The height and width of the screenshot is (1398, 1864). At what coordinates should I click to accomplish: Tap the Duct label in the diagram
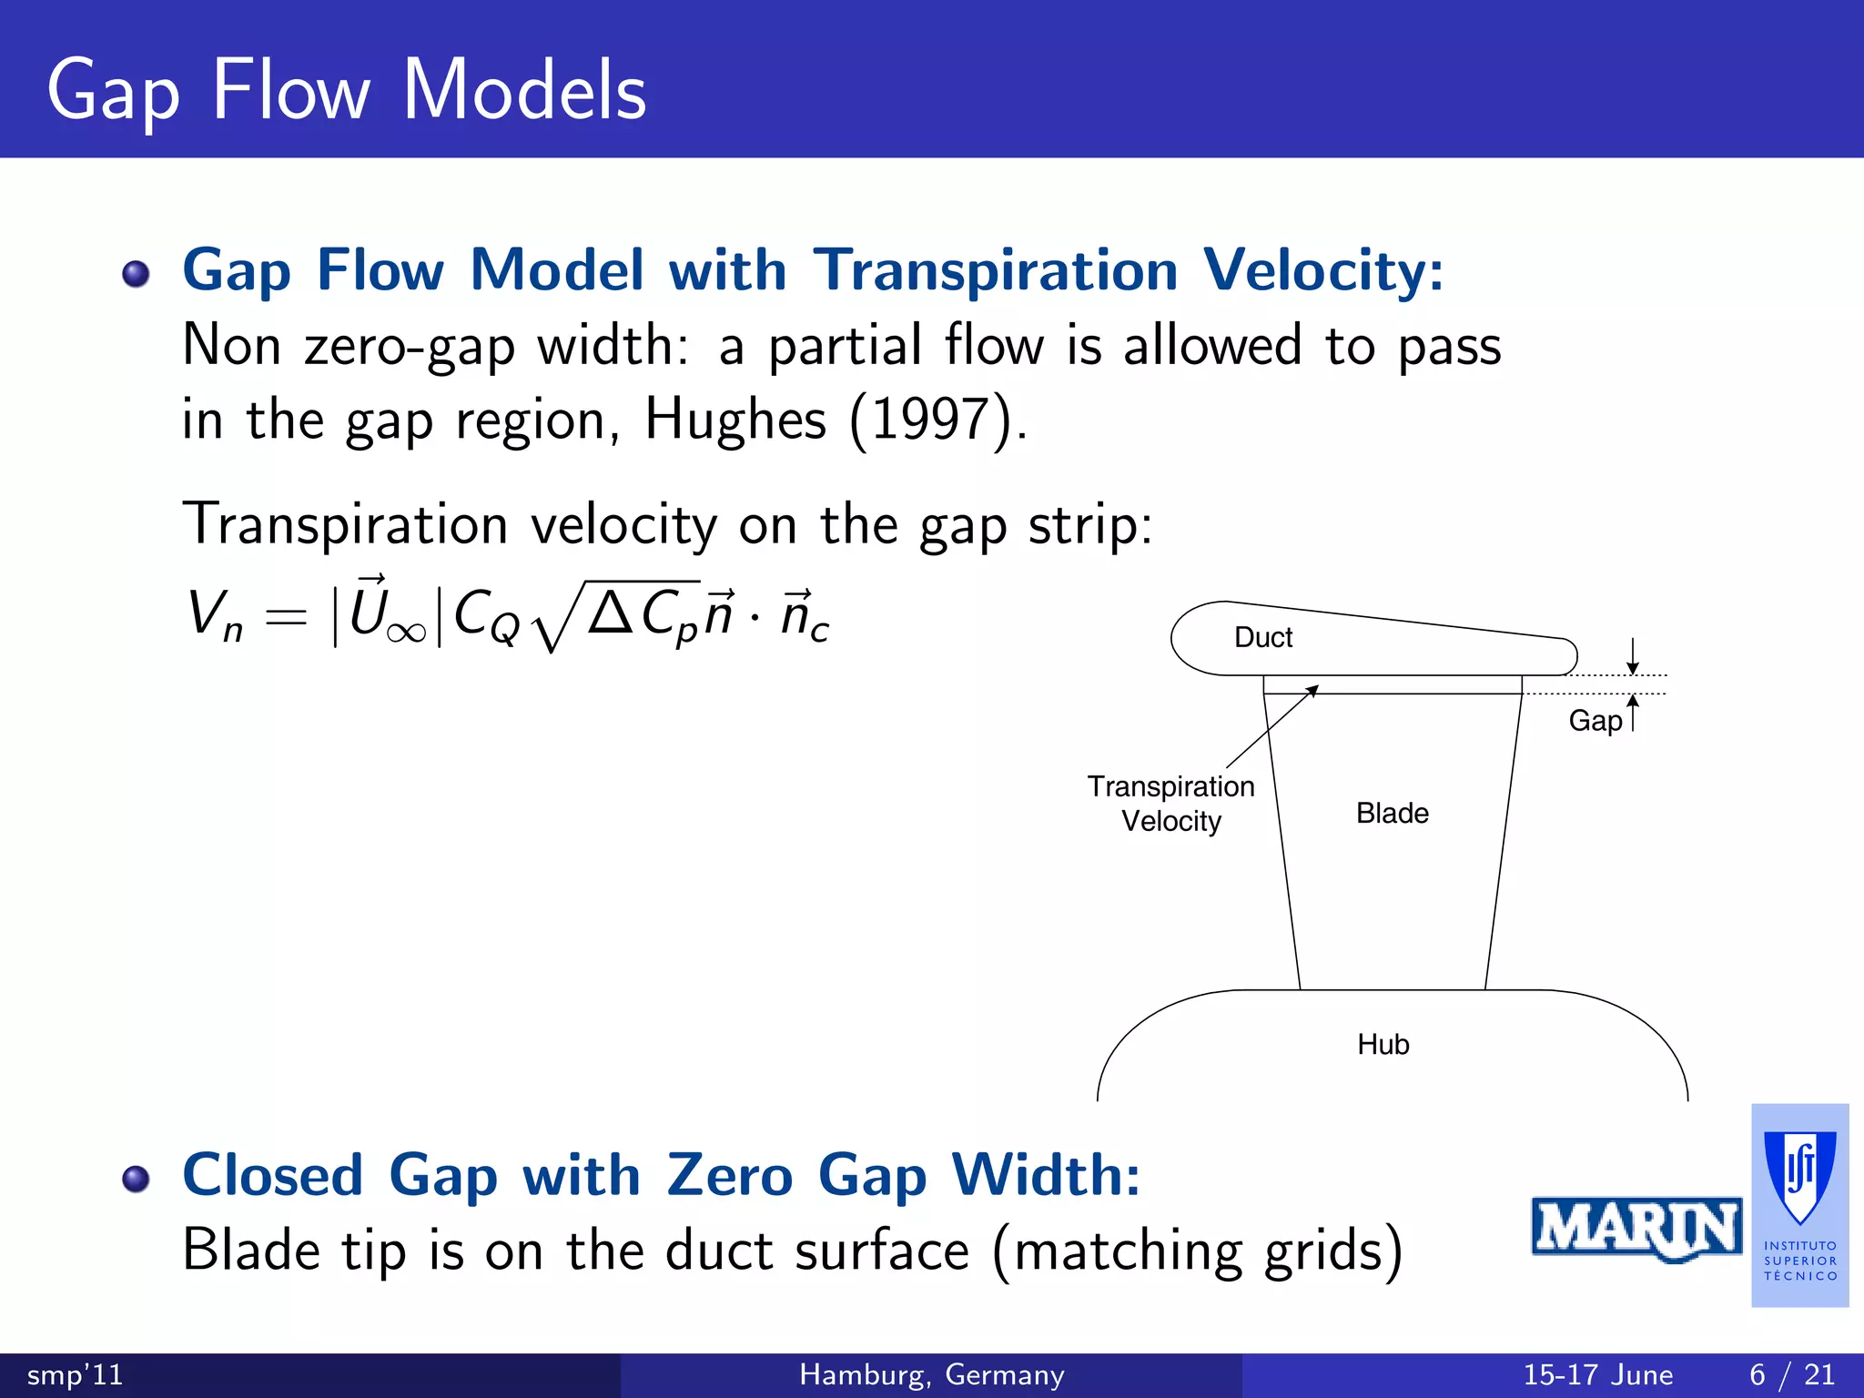[x=1262, y=637]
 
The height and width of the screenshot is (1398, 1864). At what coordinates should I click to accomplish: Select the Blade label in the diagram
[x=1392, y=813]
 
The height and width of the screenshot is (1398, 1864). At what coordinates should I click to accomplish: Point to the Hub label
[x=1383, y=1044]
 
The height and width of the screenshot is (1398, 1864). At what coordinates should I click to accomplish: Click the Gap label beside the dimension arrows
[x=1595, y=721]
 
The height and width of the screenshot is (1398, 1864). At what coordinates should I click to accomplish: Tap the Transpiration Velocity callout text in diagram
[x=1170, y=803]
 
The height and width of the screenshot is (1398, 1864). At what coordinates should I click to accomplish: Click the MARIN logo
[x=1636, y=1229]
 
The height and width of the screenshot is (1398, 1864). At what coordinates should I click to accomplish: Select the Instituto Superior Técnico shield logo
[x=1799, y=1180]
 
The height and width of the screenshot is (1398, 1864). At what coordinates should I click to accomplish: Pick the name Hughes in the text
[x=735, y=420]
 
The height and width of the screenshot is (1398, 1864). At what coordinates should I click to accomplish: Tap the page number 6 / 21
[x=1791, y=1374]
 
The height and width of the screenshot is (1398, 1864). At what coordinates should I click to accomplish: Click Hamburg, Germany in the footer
[x=931, y=1374]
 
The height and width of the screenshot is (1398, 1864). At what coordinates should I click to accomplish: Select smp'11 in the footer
[x=75, y=1374]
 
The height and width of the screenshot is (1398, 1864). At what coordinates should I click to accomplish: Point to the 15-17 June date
[x=1597, y=1374]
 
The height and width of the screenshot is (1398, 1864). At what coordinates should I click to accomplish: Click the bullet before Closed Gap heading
[x=136, y=1179]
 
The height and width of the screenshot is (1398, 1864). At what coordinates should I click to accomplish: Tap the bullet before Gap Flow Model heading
[x=136, y=273]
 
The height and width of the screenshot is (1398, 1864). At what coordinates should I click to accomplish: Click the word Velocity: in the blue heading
[x=1322, y=270]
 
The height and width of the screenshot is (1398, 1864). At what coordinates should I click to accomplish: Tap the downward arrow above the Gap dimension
[x=1633, y=656]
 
